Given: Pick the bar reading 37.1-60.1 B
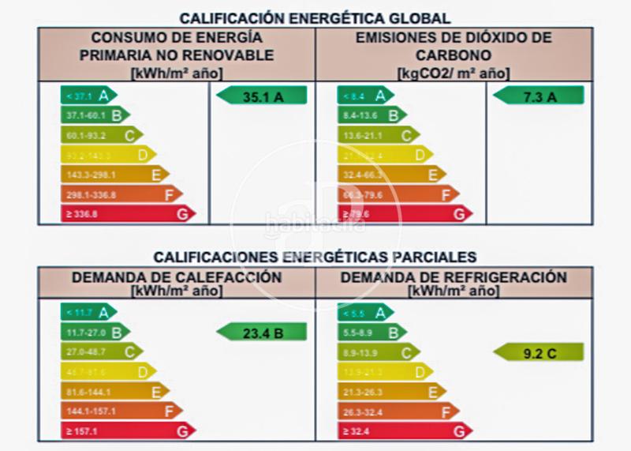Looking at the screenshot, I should pyautogui.click(x=95, y=115).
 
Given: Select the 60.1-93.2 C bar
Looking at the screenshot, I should pyautogui.click(x=102, y=135).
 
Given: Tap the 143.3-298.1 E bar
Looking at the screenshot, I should pyautogui.click(x=114, y=174).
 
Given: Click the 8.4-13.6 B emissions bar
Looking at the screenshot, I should pyautogui.click(x=372, y=115).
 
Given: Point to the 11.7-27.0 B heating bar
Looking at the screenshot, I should pyautogui.click(x=95, y=333).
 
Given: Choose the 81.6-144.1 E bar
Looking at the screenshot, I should pyautogui.click(x=114, y=391).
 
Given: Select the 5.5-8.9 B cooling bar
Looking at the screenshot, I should pyautogui.click(x=372, y=333).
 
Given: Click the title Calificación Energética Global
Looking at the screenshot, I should pyautogui.click(x=315, y=17).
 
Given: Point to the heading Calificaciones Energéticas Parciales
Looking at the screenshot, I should pyautogui.click(x=315, y=257).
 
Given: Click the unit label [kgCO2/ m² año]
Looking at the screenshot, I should pyautogui.click(x=454, y=73).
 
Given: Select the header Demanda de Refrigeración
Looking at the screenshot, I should pyautogui.click(x=454, y=277).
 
